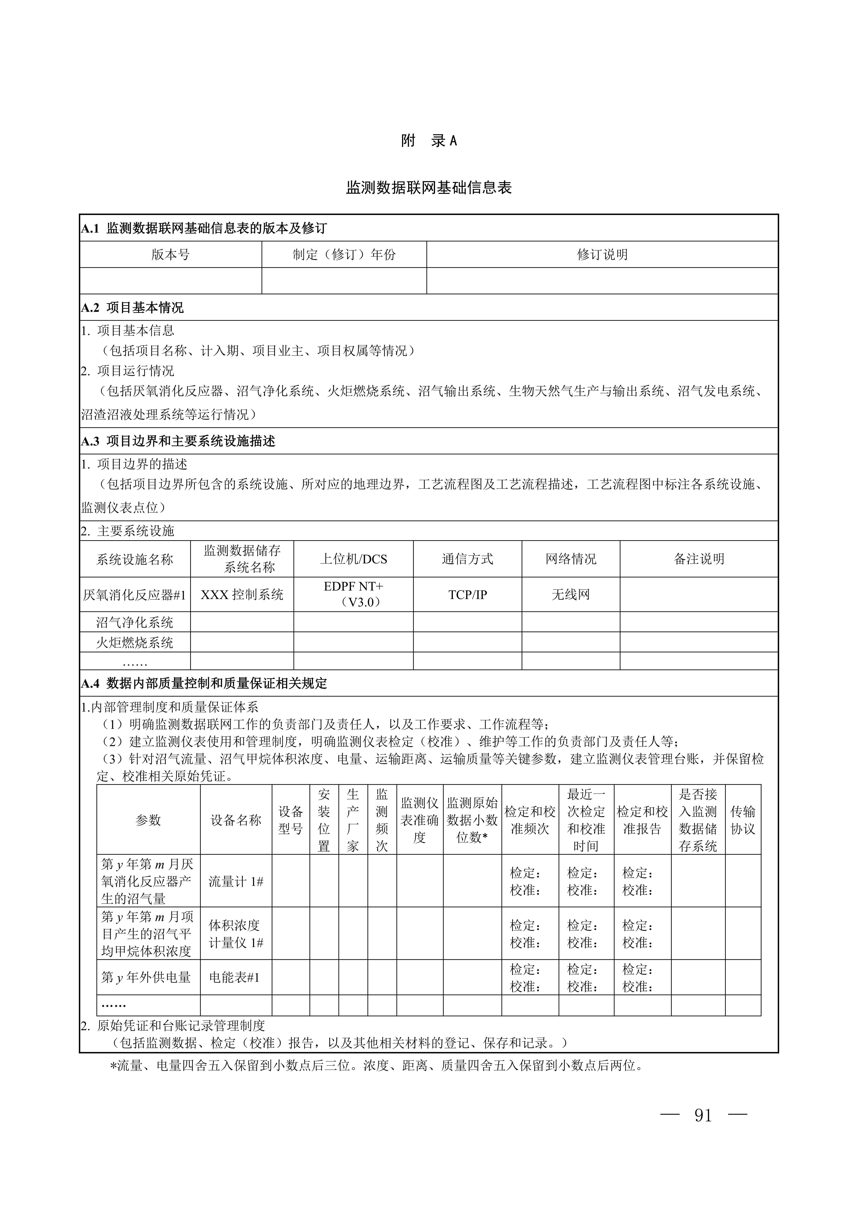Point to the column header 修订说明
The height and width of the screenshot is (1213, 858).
click(x=602, y=255)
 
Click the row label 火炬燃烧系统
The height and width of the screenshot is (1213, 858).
click(x=135, y=642)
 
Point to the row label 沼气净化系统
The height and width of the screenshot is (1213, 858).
click(x=135, y=622)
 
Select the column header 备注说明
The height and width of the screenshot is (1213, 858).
click(x=699, y=559)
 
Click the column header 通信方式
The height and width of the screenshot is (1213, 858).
click(x=468, y=559)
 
